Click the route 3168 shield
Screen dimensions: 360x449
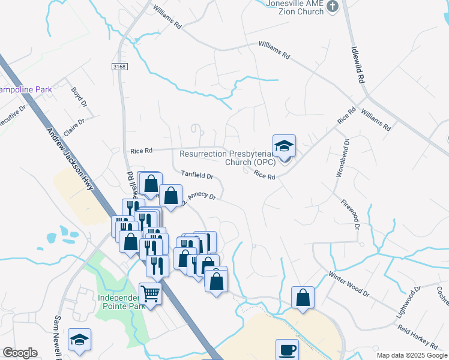(119, 66)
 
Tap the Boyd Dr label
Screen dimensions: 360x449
(79, 97)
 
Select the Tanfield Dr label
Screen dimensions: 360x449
(197, 175)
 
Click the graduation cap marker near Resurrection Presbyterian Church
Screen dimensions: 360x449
(285, 146)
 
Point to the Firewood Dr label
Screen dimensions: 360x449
(349, 215)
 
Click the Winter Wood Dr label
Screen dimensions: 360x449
(348, 284)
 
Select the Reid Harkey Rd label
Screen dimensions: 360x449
(418, 336)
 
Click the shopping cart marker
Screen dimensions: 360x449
(150, 294)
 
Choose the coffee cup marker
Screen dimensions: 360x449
(287, 349)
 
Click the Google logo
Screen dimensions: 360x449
(20, 353)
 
